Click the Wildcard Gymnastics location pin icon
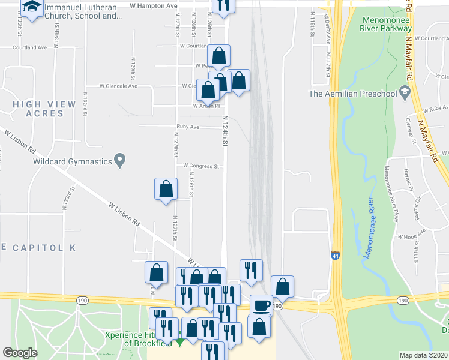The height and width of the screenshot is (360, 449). tap(120, 161)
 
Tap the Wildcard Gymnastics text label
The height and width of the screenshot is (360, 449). tap(73, 161)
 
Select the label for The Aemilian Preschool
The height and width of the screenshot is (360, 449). tap(352, 94)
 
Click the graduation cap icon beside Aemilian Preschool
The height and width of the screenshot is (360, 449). tap(405, 93)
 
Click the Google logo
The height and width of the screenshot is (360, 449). tap(20, 352)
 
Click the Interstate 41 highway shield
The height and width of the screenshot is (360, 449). tap(334, 256)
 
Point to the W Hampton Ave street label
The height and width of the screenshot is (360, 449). tap(154, 5)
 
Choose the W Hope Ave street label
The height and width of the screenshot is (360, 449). tap(411, 233)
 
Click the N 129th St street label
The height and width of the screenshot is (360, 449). tap(133, 70)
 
